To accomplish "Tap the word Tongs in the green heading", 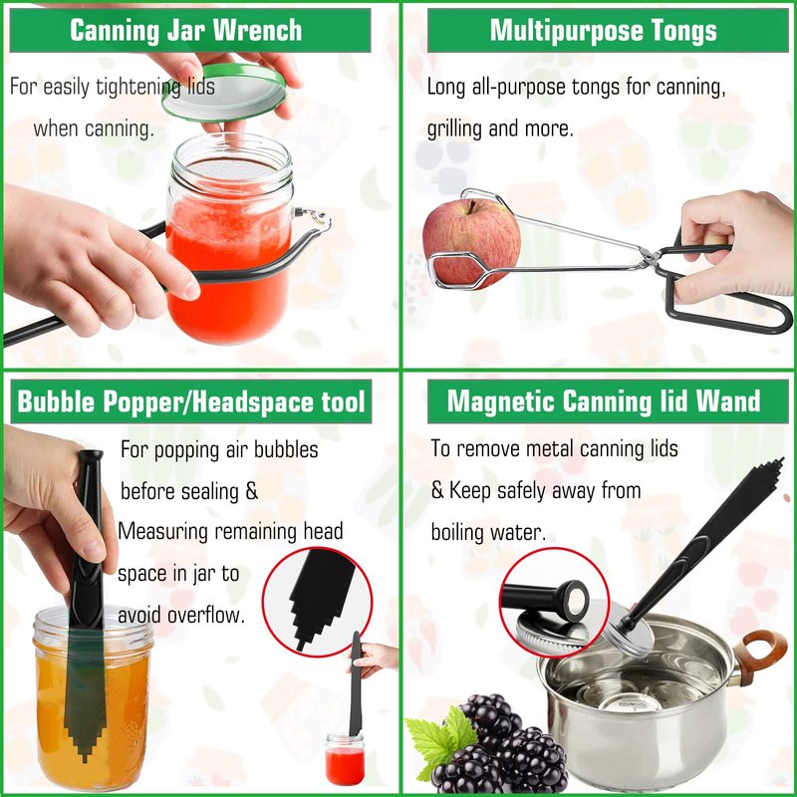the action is tap(684, 32).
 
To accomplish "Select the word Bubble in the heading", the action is tap(56, 401).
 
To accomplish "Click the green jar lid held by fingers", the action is tap(224, 93).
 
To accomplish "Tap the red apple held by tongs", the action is tap(471, 244).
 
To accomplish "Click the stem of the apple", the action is tap(473, 206).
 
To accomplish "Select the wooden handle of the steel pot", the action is tap(758, 656).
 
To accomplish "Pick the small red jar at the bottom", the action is tap(345, 759).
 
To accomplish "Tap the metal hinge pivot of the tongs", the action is tap(649, 258).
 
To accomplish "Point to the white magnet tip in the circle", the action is tap(576, 602).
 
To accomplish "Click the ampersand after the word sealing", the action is tap(252, 491).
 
